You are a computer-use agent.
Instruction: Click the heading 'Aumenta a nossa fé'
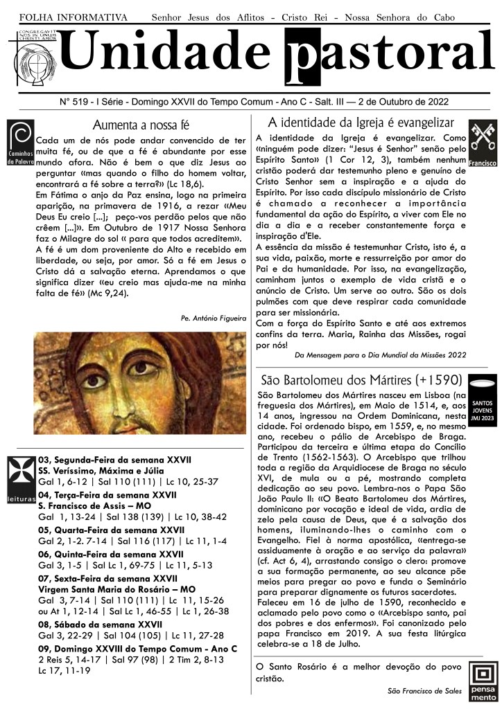[x=141, y=125]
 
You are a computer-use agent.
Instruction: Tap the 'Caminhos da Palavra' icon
[x=19, y=143]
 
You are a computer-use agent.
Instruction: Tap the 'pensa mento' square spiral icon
[x=483, y=682]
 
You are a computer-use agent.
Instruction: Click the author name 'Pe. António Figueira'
[x=212, y=318]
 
